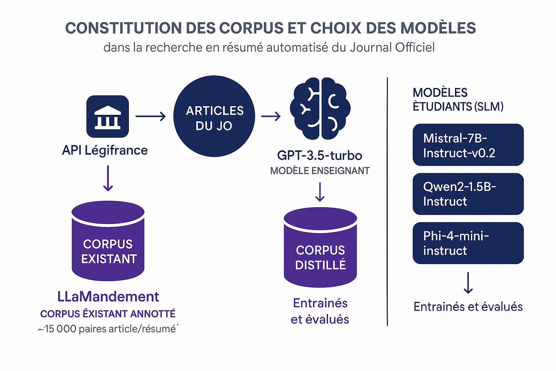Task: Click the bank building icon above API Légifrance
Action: [x=108, y=116]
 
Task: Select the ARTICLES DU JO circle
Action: [x=214, y=116]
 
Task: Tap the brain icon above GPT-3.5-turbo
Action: [x=320, y=108]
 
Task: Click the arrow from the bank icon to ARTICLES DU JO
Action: [x=150, y=116]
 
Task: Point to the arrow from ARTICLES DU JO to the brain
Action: [x=271, y=116]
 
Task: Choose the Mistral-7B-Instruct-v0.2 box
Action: [x=468, y=145]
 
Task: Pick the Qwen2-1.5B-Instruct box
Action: [x=468, y=194]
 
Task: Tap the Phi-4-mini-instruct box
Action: [x=468, y=243]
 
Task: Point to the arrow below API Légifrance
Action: [x=108, y=178]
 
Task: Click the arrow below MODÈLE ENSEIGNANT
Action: [x=320, y=192]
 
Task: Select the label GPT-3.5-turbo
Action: [x=320, y=155]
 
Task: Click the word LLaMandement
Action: [x=108, y=297]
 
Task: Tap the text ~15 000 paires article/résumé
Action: [x=108, y=329]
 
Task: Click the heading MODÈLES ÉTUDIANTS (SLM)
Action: [x=458, y=100]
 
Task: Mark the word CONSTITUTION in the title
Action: [x=123, y=28]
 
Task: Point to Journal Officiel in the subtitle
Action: [x=392, y=47]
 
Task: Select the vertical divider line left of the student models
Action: [x=387, y=201]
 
